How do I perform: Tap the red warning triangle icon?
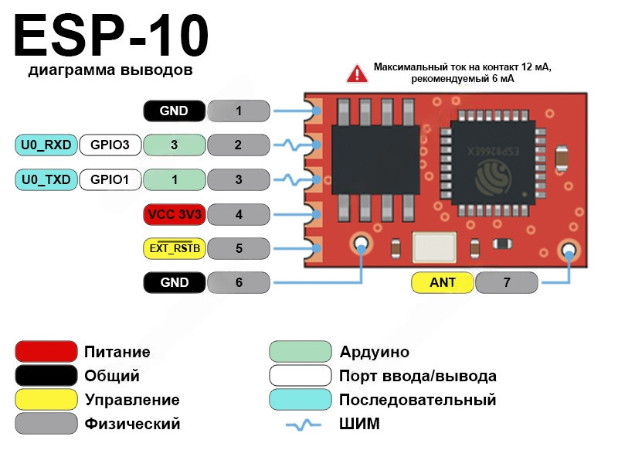pos(357,73)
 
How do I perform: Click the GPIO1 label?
pos(110,180)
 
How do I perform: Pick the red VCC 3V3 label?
pos(175,214)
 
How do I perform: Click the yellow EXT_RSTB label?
pos(175,248)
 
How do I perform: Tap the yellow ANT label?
pos(443,283)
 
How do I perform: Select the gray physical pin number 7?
pos(507,283)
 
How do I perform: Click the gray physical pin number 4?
pos(239,214)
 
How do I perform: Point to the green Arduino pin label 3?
pos(175,145)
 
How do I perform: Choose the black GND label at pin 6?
pos(175,283)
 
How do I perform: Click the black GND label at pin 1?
pos(175,111)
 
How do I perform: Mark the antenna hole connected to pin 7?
pos(569,250)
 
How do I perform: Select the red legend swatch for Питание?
pos(46,352)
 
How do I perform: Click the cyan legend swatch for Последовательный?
pos(301,400)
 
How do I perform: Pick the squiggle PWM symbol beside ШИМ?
pos(303,425)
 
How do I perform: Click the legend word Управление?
pos(132,400)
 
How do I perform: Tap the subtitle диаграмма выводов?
pos(110,71)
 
